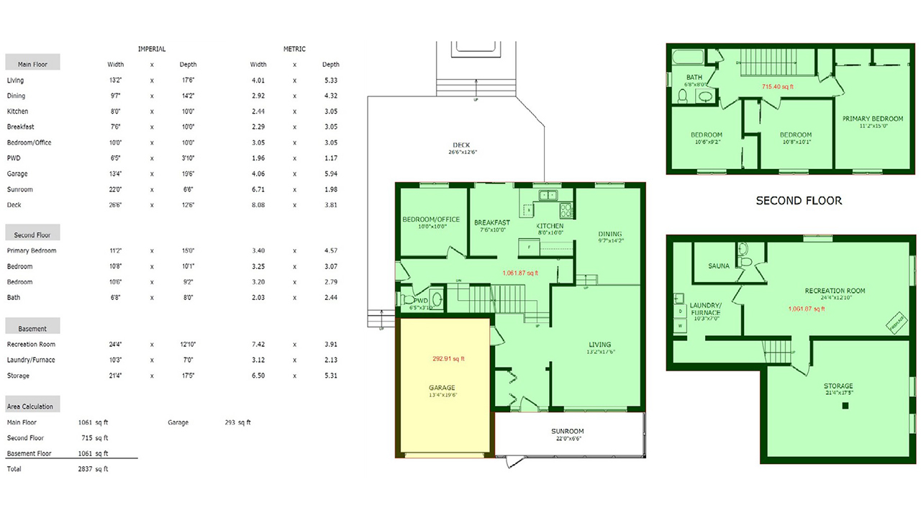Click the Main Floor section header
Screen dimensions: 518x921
(x=32, y=64)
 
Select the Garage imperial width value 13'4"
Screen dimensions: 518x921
(x=115, y=174)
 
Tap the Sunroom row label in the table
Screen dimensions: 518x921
(x=19, y=190)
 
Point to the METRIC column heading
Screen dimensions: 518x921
(x=294, y=49)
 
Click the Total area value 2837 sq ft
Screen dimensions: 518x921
(x=93, y=469)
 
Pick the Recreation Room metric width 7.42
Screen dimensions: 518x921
(x=258, y=345)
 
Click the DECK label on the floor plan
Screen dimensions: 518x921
(x=462, y=145)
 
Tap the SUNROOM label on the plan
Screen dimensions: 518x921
(x=568, y=432)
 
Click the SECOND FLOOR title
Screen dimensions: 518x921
(x=799, y=201)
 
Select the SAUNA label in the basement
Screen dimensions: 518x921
(x=719, y=266)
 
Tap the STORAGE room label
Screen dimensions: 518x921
(x=838, y=386)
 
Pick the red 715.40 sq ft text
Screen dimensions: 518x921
(x=778, y=86)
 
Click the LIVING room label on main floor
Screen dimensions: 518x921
(x=599, y=345)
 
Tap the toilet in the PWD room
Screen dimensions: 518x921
(x=409, y=299)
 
